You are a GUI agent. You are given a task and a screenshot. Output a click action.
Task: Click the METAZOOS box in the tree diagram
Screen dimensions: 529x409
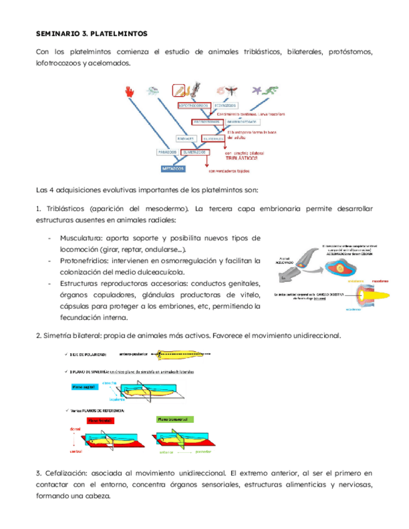point(172,168)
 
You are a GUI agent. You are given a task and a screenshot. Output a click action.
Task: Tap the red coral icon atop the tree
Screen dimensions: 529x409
point(131,91)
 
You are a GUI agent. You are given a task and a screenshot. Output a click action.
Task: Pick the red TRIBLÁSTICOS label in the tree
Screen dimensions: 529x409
point(244,158)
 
